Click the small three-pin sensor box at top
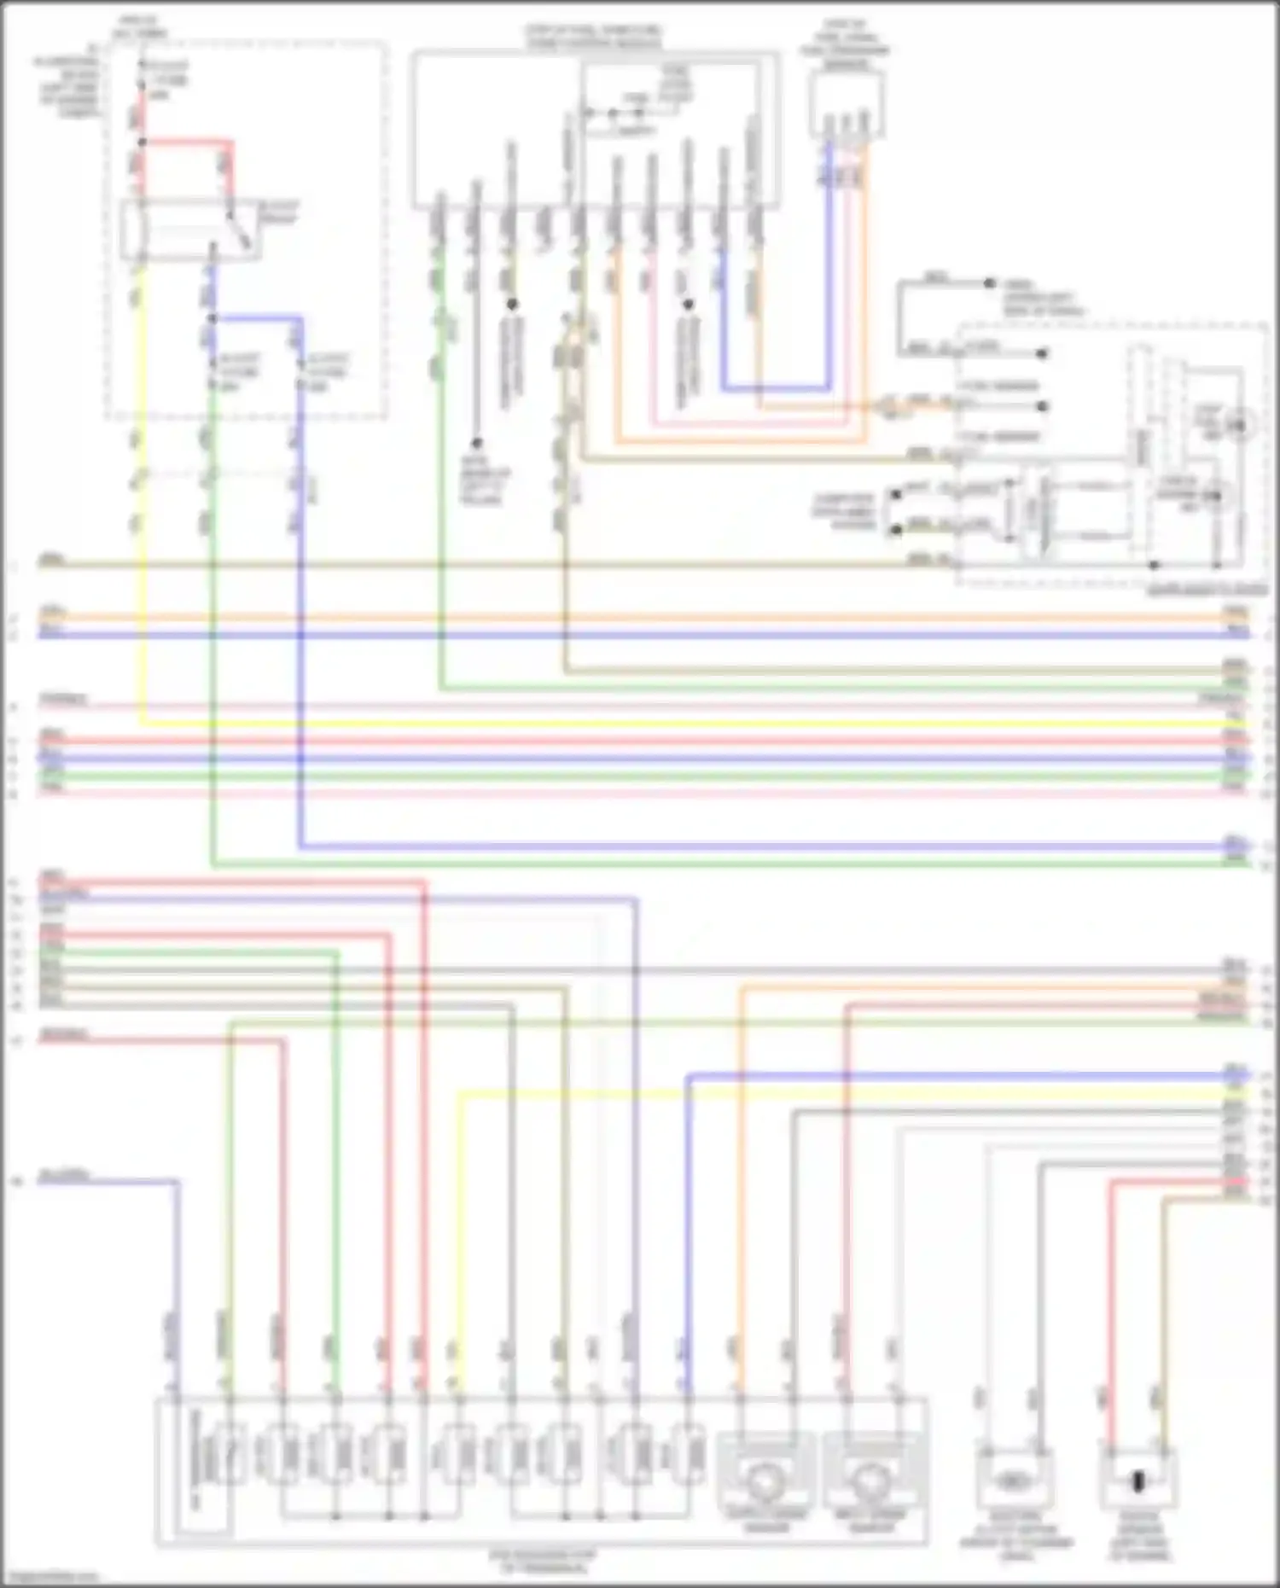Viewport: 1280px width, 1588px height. pos(847,104)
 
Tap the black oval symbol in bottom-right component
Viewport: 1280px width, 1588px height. pos(1137,1481)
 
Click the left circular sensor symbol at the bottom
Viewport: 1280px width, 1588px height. pos(765,1483)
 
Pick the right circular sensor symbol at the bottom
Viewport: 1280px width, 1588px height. pos(871,1483)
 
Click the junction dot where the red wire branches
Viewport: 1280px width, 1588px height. pos(143,142)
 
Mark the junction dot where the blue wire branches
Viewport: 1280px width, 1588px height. pos(212,318)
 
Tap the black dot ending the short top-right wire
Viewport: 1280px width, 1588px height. pos(989,282)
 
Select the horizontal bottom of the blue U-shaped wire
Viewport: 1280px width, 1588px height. pos(775,389)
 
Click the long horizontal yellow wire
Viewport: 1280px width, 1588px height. pos(683,724)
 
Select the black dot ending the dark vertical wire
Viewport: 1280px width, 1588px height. pos(477,443)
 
